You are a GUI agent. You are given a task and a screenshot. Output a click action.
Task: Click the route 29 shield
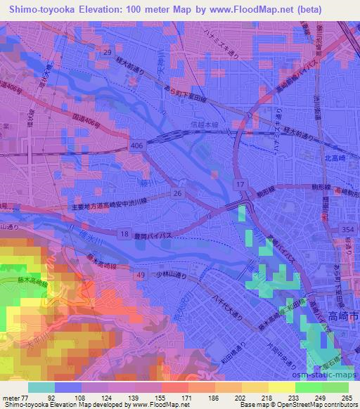pyautogui.click(x=107, y=53)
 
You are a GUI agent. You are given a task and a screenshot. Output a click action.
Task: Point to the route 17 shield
pyautogui.click(x=240, y=184)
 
